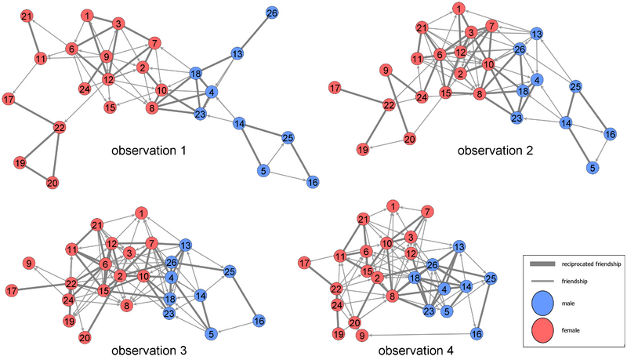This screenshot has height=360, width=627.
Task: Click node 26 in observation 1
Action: (x=272, y=13)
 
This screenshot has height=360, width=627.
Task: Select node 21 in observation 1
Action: (x=27, y=16)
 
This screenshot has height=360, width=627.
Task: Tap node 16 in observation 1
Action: (x=313, y=183)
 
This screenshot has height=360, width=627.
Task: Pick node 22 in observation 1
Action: (x=60, y=128)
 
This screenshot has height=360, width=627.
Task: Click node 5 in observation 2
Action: (x=593, y=167)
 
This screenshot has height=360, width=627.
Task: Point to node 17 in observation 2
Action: (x=335, y=88)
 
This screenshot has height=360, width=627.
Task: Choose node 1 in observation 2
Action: (x=459, y=9)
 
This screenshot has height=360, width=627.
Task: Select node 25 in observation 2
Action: (x=575, y=86)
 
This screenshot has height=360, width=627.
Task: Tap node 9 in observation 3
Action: (x=29, y=264)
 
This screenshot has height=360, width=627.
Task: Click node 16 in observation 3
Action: (x=259, y=321)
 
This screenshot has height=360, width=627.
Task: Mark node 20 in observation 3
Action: (x=85, y=338)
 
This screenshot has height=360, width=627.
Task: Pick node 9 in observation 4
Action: (x=362, y=336)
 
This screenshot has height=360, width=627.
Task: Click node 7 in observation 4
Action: (x=427, y=212)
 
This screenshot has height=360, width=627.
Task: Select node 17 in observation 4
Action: (x=305, y=264)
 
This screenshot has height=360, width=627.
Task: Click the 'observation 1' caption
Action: (x=149, y=151)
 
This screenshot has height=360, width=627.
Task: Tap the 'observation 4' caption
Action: (x=416, y=351)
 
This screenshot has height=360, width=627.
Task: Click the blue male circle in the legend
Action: (x=542, y=303)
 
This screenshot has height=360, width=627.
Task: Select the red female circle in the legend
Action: (x=542, y=330)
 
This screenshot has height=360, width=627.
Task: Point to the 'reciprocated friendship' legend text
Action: (x=591, y=264)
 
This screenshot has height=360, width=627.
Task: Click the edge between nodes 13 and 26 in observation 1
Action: (x=254, y=34)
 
